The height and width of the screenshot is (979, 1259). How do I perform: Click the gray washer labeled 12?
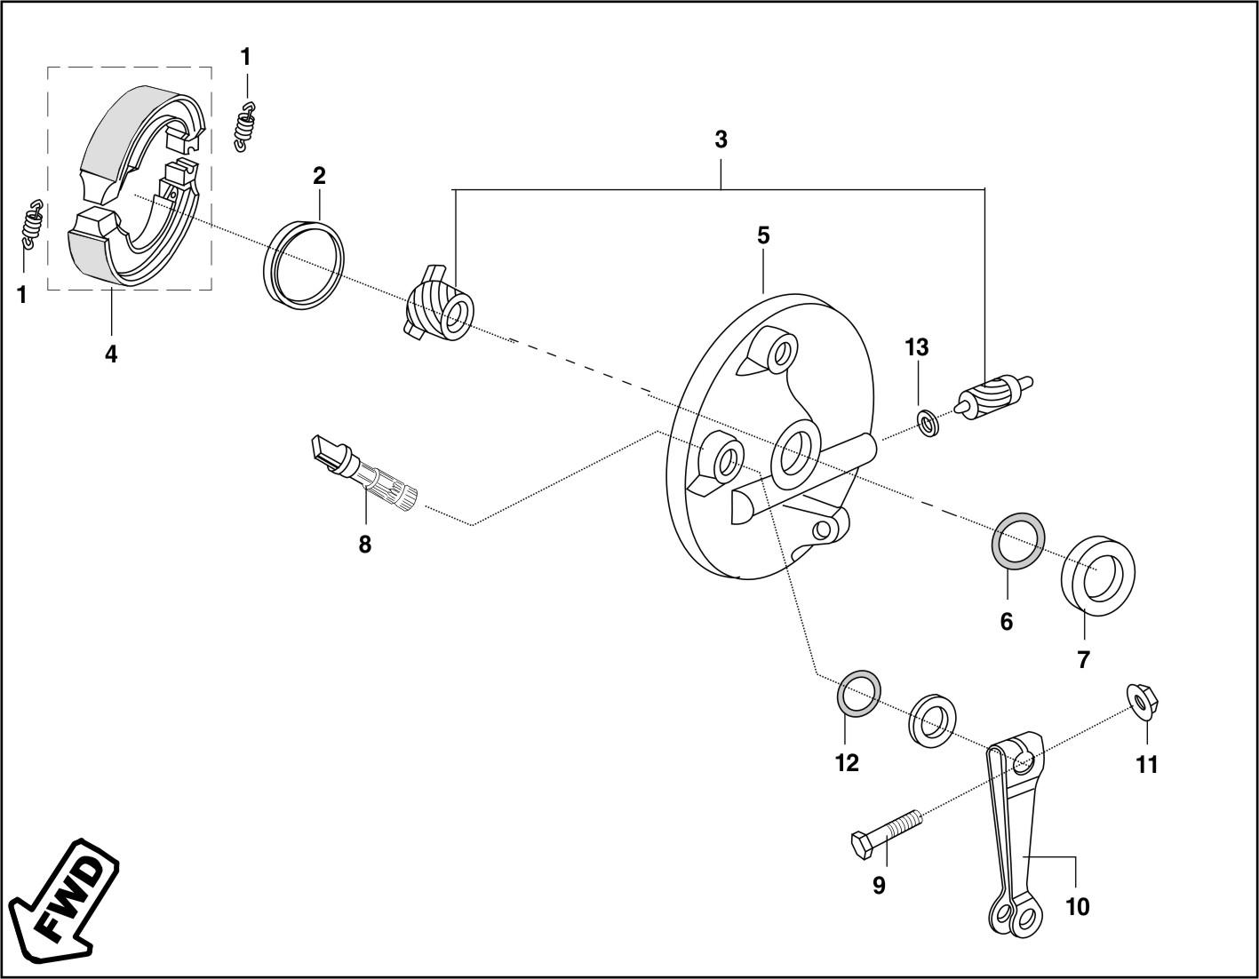(860, 693)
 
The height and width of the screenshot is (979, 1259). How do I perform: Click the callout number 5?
(763, 236)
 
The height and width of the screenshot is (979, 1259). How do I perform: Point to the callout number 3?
(721, 140)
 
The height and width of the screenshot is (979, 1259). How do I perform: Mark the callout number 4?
(111, 354)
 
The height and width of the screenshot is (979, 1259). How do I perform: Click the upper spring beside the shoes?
(245, 127)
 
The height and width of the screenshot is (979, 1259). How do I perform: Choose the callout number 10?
(1076, 907)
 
